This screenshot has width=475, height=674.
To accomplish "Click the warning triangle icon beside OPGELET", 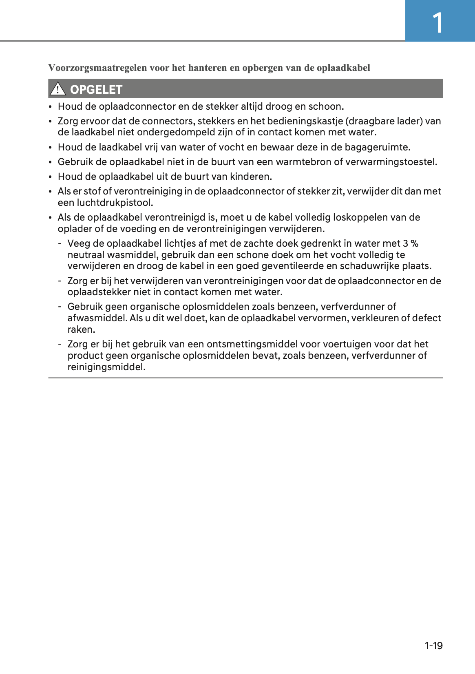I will point(58,88).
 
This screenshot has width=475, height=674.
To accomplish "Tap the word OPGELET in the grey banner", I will point(96,89).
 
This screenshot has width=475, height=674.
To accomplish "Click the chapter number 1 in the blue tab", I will point(437,23).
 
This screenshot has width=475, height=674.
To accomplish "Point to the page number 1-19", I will point(433,645).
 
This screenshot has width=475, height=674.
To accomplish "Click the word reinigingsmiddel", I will point(106,367).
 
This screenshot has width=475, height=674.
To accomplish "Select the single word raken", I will point(81,329).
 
